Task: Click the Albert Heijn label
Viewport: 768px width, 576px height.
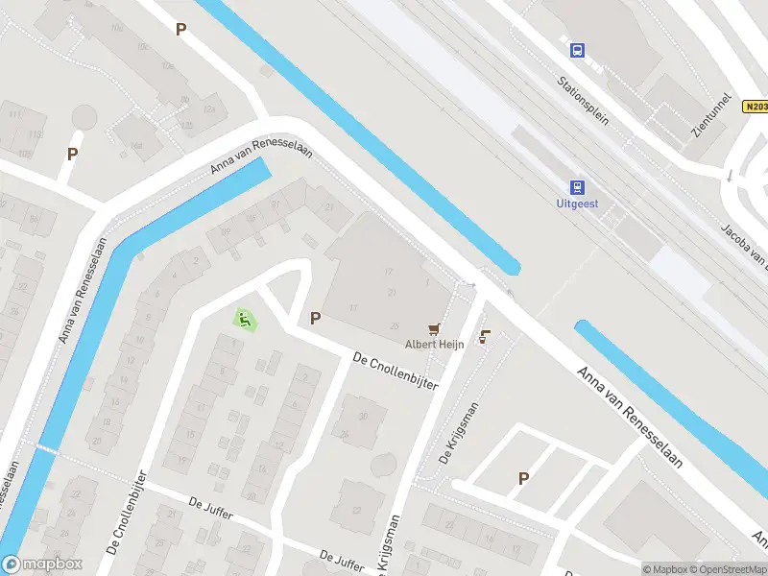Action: [434, 344]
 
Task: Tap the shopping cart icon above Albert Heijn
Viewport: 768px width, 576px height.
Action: [435, 327]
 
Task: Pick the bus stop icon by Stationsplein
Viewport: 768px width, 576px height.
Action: [577, 50]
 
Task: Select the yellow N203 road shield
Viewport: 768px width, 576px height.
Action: [755, 107]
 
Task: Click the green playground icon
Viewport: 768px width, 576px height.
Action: [245, 319]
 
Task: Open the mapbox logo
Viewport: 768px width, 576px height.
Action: [42, 564]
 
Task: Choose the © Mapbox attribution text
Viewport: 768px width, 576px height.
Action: [664, 569]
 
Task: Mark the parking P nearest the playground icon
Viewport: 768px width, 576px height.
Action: [315, 318]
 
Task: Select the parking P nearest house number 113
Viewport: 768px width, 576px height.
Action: [72, 154]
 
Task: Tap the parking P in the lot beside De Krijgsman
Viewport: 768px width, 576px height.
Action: [523, 477]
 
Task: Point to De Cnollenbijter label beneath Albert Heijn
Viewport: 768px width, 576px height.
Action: [396, 371]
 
